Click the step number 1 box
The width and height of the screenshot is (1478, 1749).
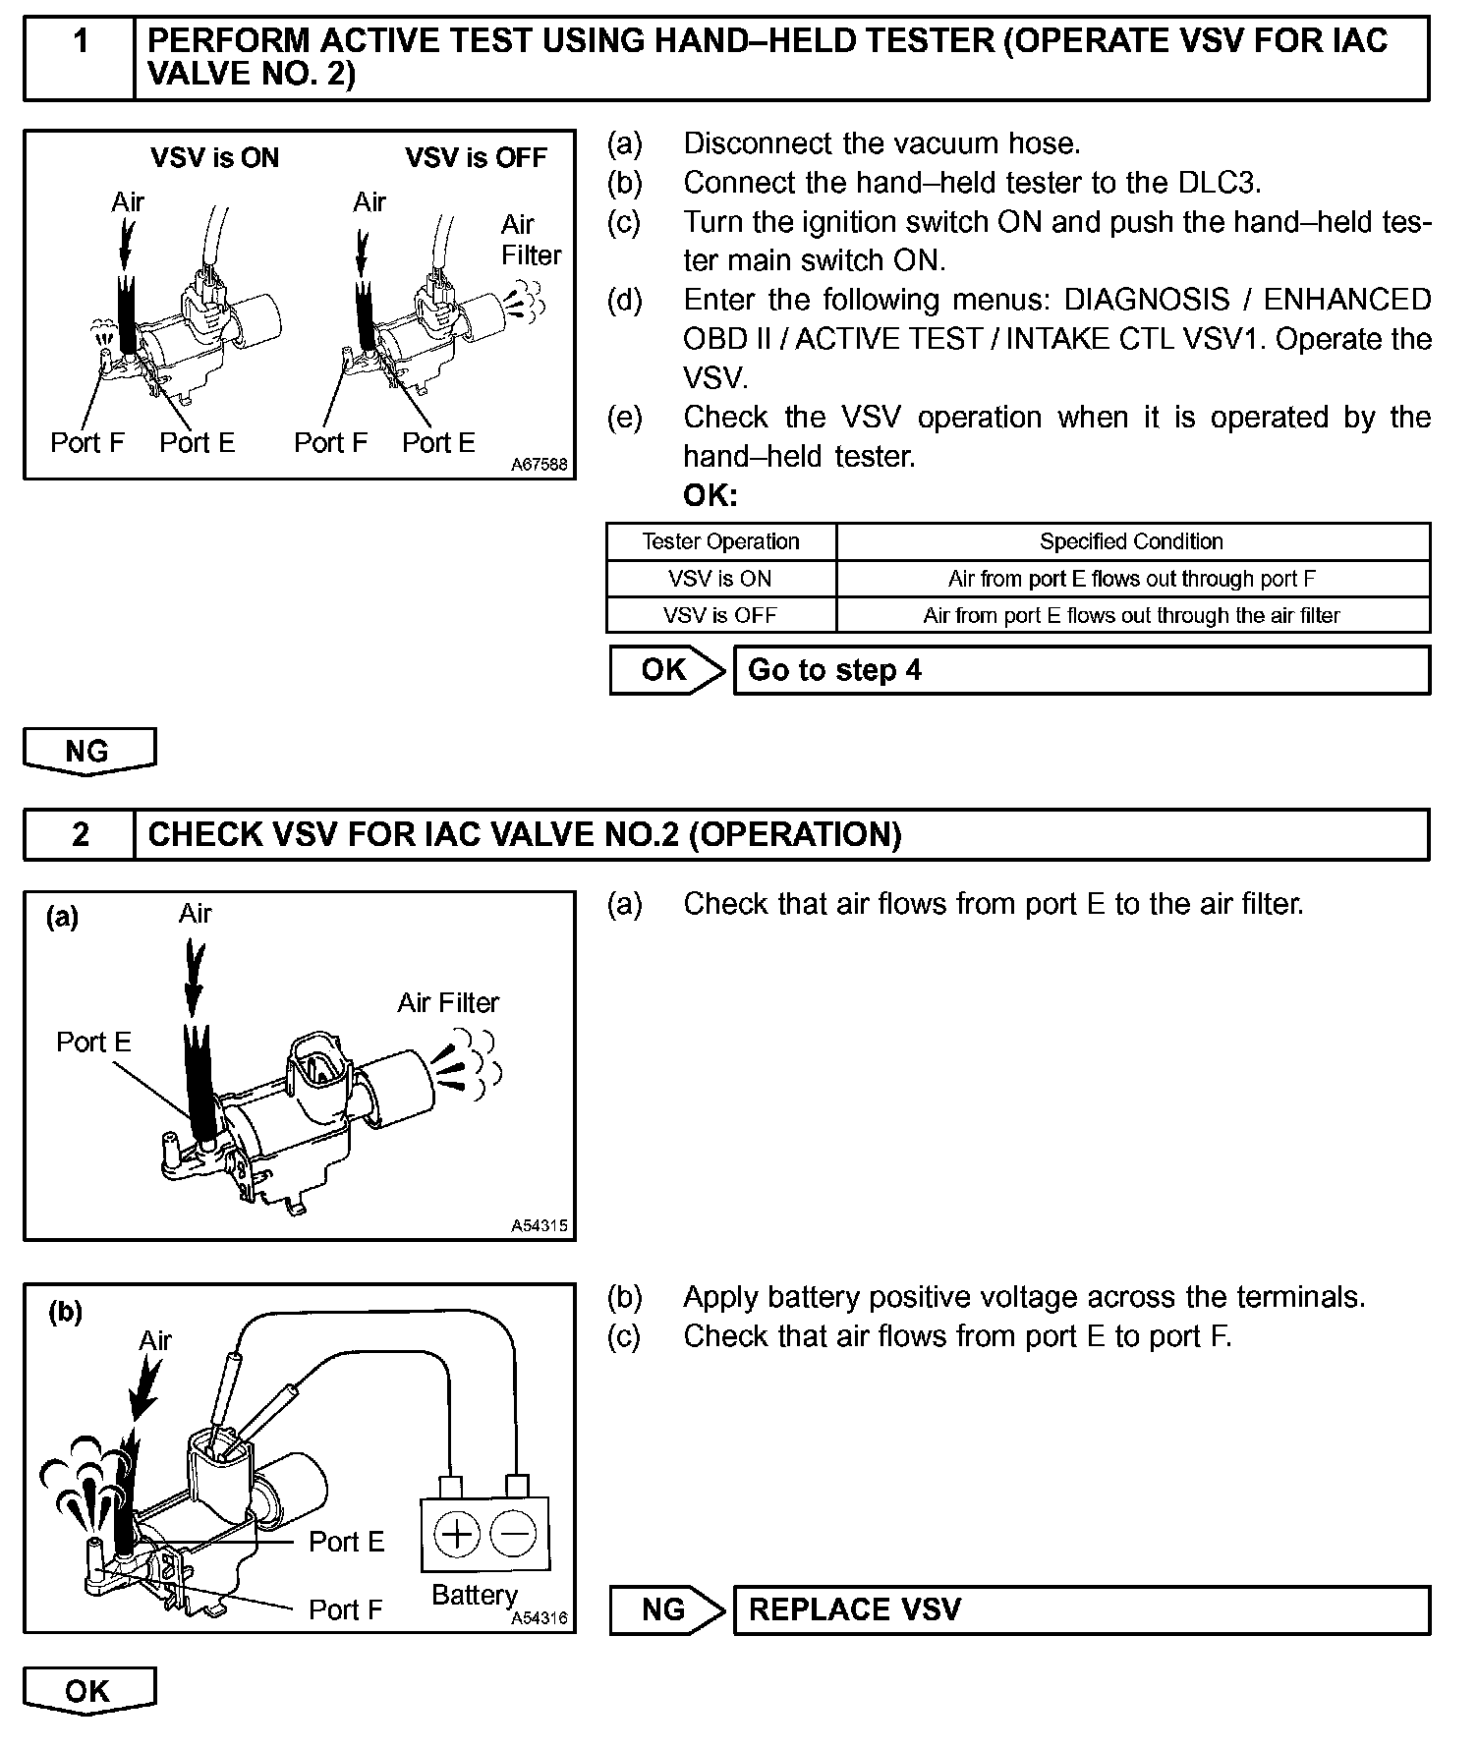point(80,57)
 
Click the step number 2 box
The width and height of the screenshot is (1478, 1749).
point(80,834)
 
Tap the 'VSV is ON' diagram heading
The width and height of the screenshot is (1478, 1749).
point(214,157)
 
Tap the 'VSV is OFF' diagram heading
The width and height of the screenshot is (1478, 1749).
point(476,157)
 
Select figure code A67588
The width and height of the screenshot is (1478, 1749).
point(540,464)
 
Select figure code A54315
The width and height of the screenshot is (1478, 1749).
point(540,1225)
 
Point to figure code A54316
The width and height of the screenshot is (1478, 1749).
point(540,1617)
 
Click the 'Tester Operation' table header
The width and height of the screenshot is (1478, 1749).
point(720,541)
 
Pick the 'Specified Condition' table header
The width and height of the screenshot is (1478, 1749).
point(1131,541)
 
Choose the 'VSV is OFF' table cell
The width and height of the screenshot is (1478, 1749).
point(720,616)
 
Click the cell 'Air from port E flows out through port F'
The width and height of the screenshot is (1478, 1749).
point(1131,579)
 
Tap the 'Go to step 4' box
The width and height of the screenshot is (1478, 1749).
point(1081,670)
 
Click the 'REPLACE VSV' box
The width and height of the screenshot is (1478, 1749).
point(1081,1609)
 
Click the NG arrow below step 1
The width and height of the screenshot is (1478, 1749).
point(88,752)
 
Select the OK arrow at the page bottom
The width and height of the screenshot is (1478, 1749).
point(88,1691)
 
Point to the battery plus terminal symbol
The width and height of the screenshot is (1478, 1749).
point(456,1534)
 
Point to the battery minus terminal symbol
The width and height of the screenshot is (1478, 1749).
point(513,1534)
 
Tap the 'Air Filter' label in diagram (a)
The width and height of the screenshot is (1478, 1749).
point(448,1002)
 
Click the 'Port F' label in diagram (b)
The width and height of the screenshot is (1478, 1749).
point(345,1609)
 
